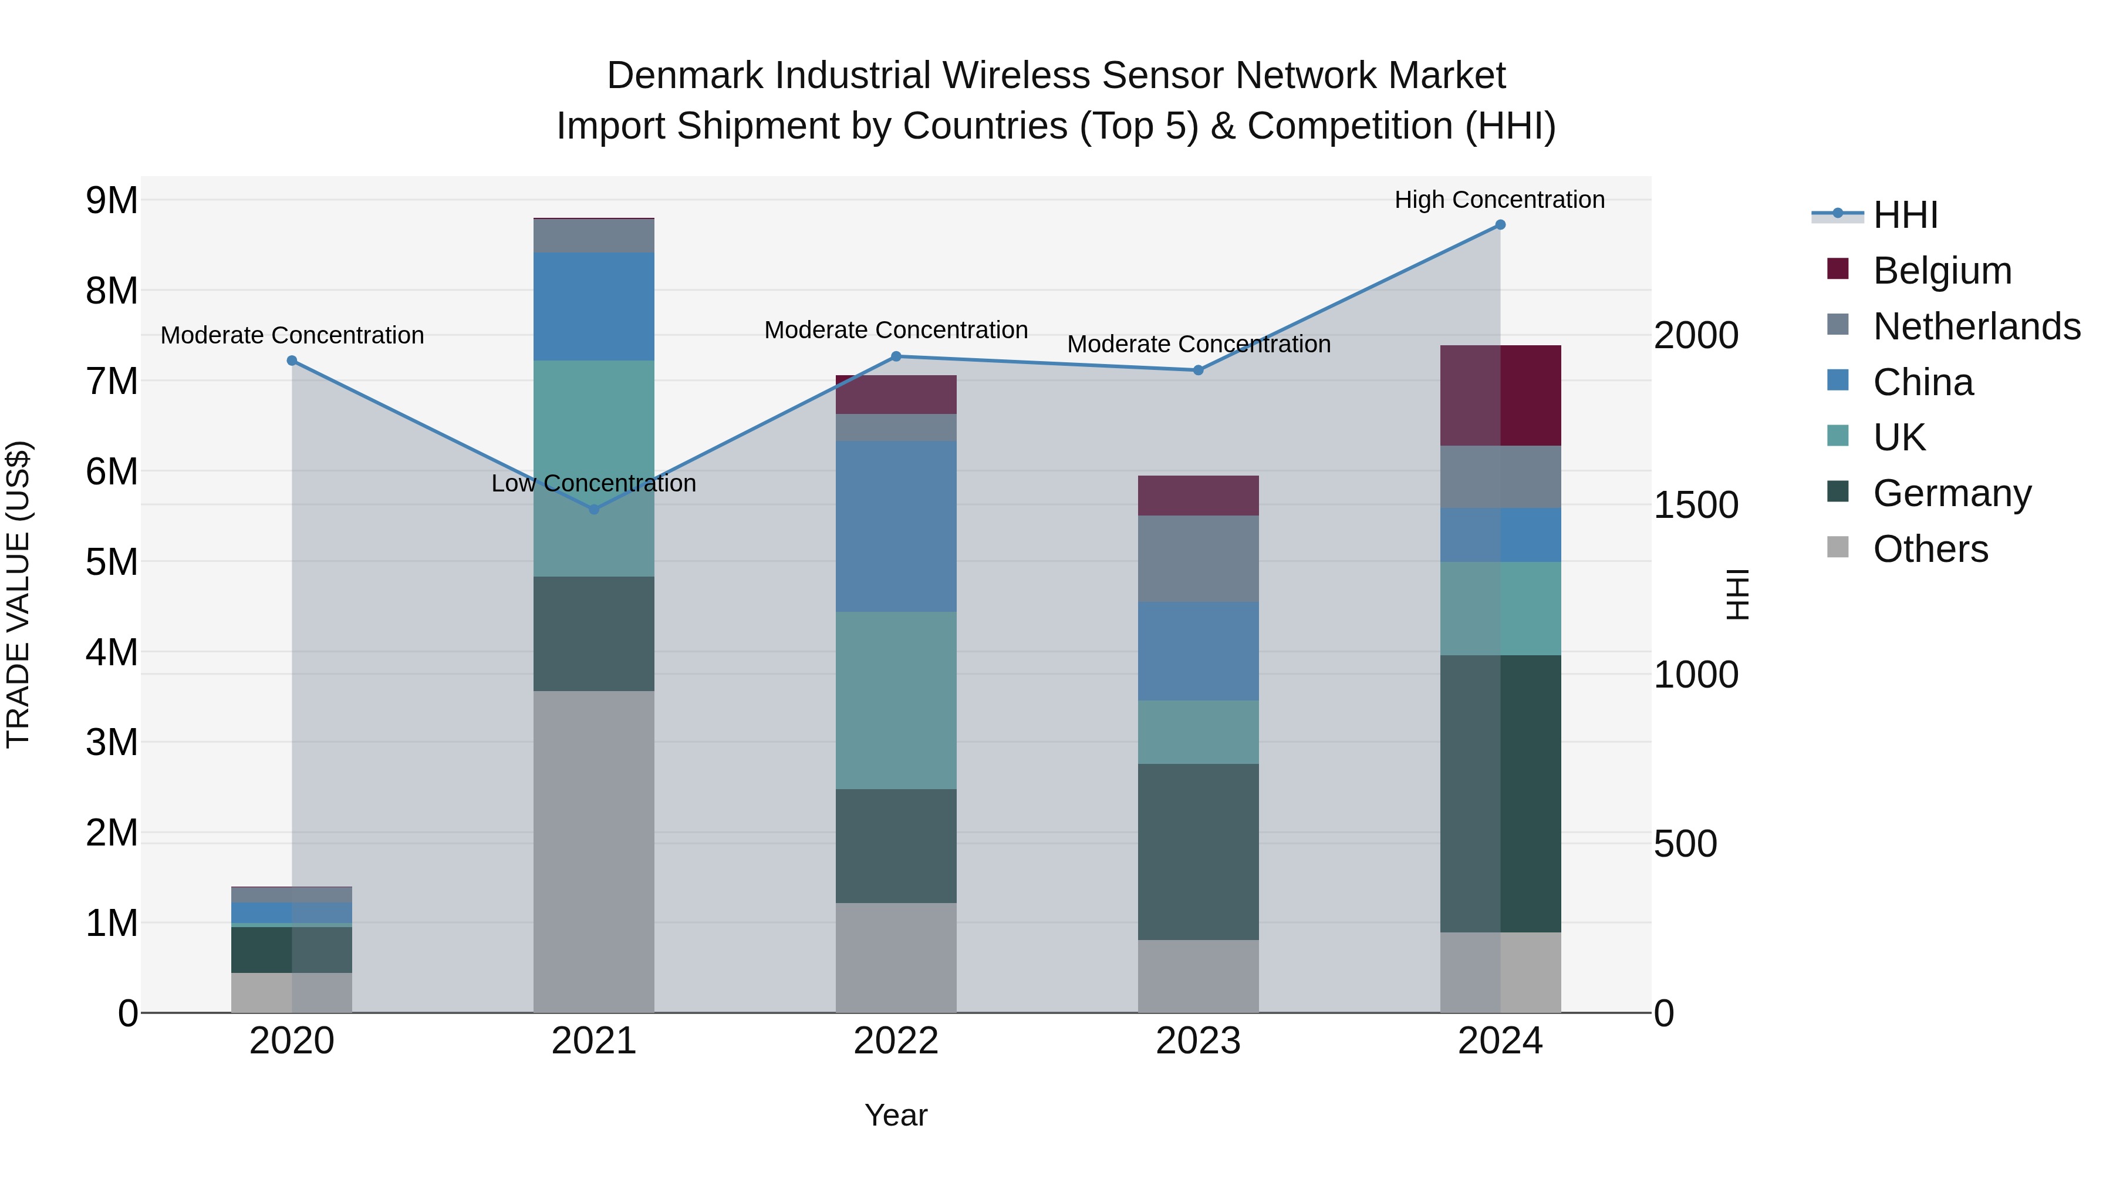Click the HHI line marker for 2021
594,510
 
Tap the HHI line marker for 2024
1500,225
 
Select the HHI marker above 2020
292,361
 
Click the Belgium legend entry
1942,271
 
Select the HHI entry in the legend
1905,215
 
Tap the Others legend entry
1930,549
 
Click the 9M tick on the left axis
112,201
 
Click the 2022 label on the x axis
896,1041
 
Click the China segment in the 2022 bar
896,526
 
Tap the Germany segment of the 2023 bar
1197,852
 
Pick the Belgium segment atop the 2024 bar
1500,396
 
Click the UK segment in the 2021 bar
594,468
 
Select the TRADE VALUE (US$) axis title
18,594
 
